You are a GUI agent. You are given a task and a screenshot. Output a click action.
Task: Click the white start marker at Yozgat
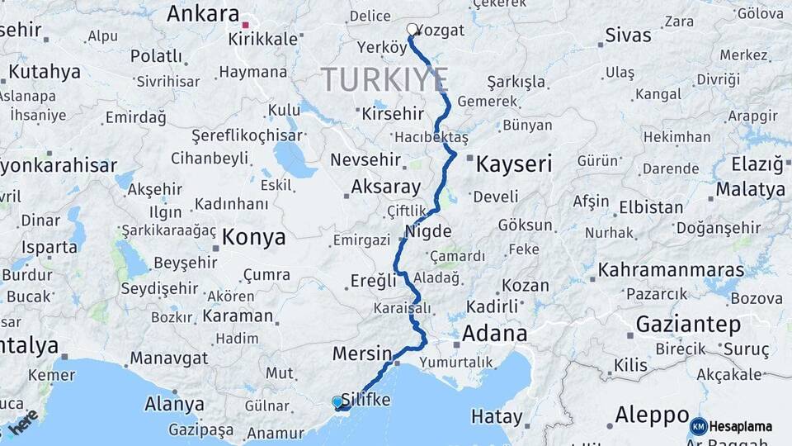412,30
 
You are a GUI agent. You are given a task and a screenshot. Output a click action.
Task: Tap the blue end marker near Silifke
337,402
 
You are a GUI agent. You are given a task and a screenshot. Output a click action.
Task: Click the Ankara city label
203,14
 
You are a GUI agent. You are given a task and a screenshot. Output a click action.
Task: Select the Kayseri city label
513,164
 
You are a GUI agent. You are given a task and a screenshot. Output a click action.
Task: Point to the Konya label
255,238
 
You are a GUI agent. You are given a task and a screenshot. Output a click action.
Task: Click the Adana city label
494,334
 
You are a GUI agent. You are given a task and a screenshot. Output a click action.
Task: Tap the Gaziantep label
689,325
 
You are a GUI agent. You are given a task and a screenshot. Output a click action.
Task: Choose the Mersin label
362,353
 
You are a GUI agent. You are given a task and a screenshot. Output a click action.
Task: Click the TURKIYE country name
384,79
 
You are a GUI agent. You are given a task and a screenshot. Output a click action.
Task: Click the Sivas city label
628,36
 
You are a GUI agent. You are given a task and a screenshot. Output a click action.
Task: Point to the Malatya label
750,189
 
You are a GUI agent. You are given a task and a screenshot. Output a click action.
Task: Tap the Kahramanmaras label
659,269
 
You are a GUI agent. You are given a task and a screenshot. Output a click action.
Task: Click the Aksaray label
385,187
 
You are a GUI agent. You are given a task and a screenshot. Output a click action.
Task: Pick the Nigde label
429,231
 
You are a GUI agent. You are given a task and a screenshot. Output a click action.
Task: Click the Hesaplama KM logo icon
698,426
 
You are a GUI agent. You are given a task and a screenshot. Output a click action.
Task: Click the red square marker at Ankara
245,14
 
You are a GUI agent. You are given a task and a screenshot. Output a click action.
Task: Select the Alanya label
174,404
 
